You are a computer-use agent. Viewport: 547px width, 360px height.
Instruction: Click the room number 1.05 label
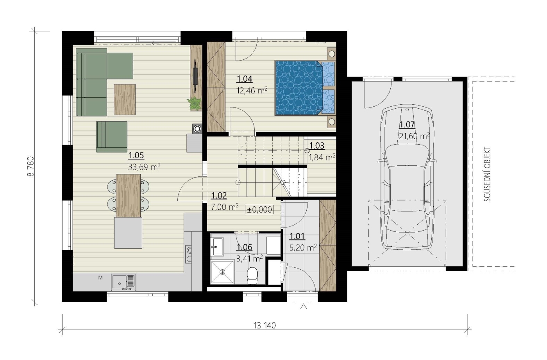click(x=136, y=155)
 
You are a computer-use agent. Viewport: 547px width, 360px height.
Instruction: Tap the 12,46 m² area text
click(x=252, y=91)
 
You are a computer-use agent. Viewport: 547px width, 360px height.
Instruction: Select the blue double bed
click(x=305, y=88)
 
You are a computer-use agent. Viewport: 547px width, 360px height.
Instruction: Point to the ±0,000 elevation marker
click(x=259, y=210)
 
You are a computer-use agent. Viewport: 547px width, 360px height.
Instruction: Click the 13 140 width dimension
click(x=265, y=326)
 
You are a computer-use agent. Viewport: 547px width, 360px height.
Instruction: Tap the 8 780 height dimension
click(x=31, y=167)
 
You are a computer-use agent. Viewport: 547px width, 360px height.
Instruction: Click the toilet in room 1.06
click(x=252, y=276)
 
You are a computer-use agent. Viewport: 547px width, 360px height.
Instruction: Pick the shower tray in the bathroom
click(x=222, y=272)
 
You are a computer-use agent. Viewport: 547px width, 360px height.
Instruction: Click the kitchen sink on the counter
click(x=123, y=283)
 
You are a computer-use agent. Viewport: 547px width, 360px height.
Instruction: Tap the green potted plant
click(x=195, y=103)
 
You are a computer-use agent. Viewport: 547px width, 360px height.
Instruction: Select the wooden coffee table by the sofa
click(x=125, y=100)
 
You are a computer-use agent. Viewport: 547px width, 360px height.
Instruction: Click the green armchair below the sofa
click(x=112, y=137)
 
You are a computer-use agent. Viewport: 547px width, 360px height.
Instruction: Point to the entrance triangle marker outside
click(x=304, y=306)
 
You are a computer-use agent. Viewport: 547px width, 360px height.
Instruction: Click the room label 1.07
click(x=407, y=125)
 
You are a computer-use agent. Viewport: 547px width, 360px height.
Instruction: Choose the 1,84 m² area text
click(x=322, y=158)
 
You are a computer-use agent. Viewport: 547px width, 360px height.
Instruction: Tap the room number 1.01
click(x=297, y=236)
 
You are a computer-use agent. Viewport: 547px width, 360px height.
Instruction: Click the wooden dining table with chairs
click(x=128, y=196)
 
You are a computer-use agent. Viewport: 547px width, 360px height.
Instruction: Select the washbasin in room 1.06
click(x=217, y=247)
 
